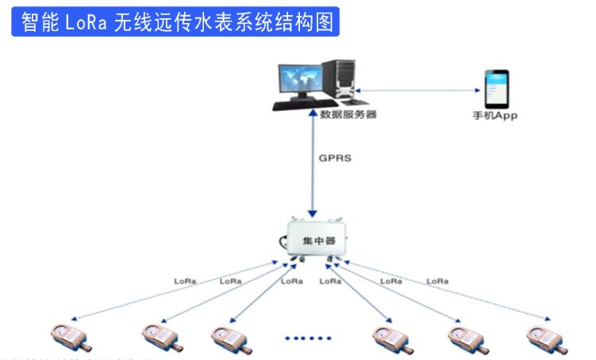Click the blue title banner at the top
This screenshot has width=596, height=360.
click(x=175, y=21)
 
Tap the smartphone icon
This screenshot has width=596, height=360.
click(x=496, y=90)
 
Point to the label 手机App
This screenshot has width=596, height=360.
click(x=495, y=116)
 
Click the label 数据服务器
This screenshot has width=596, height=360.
click(x=348, y=115)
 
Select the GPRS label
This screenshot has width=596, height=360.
click(x=335, y=158)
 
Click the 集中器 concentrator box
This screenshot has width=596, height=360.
click(x=313, y=239)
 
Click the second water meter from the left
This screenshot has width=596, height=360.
click(x=163, y=336)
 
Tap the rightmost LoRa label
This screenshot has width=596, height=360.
click(x=437, y=281)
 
